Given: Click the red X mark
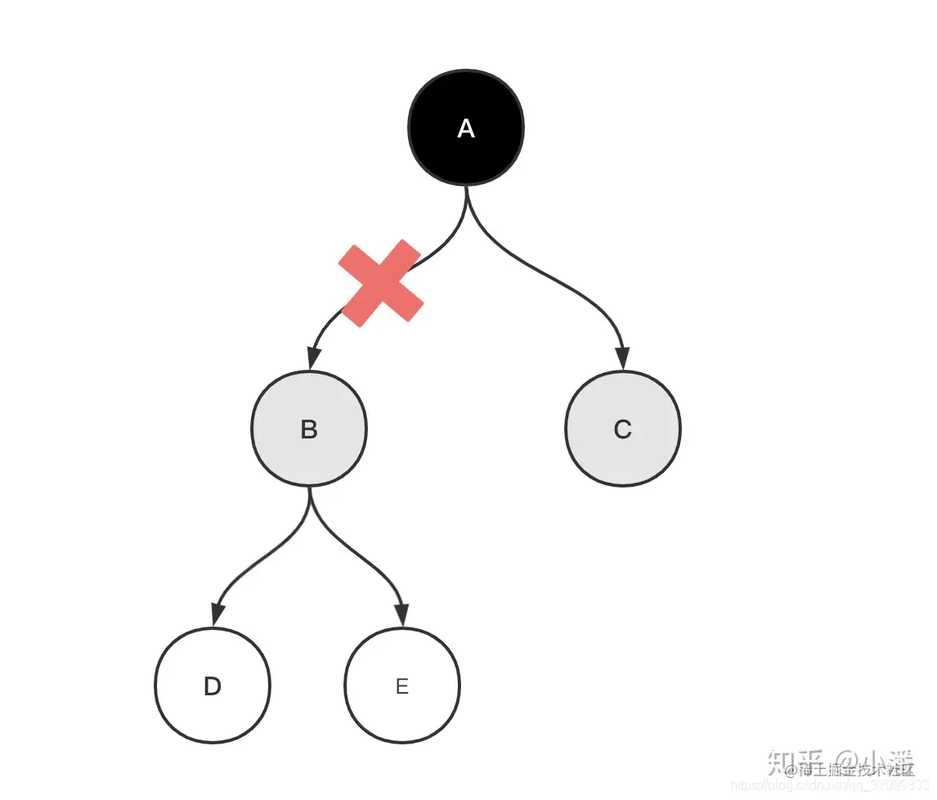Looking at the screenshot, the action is [x=381, y=283].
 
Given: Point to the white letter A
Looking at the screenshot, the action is [x=466, y=128].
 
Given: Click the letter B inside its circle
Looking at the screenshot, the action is [x=309, y=429].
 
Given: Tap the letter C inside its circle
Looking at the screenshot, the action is [x=623, y=429].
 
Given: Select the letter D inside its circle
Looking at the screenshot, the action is [x=213, y=686].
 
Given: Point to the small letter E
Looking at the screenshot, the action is [x=402, y=686].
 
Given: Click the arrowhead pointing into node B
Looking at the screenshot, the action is [x=312, y=359].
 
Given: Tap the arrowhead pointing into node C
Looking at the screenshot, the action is [x=623, y=359].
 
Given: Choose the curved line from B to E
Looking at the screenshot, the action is [x=360, y=556].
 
